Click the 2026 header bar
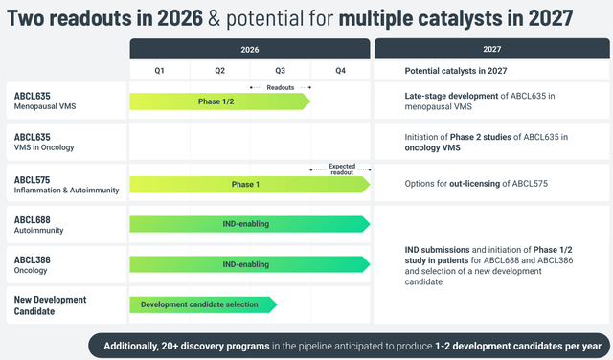click(250, 49)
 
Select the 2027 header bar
click(491, 49)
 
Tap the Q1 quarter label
click(159, 70)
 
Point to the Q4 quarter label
click(341, 70)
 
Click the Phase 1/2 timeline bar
click(220, 101)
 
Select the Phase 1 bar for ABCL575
click(250, 185)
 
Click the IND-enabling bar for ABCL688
click(250, 224)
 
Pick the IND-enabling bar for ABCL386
click(250, 264)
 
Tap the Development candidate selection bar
click(203, 304)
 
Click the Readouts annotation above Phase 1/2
click(281, 87)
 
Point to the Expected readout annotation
click(342, 169)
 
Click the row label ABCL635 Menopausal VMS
click(45, 101)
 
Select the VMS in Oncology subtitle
click(44, 147)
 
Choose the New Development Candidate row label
click(50, 305)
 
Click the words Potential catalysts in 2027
click(456, 71)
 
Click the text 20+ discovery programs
click(225, 346)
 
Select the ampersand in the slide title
click(215, 18)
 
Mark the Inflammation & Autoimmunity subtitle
click(66, 191)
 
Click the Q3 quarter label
click(281, 70)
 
